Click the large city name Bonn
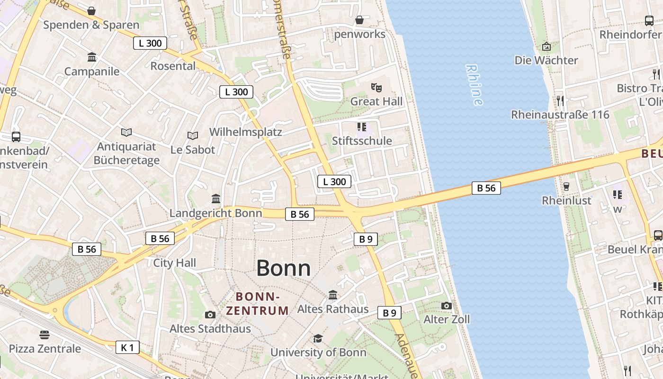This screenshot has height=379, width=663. point(283,269)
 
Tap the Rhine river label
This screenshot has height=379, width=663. point(474,85)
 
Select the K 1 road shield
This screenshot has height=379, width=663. point(127,347)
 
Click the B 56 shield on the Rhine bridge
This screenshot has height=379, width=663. point(486,188)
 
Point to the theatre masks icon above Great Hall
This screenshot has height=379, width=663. point(376,87)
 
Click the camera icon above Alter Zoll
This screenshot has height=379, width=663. point(446,306)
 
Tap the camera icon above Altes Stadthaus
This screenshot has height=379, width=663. point(210,315)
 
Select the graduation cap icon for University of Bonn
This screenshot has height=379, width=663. point(318,338)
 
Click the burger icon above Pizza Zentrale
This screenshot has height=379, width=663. point(45,335)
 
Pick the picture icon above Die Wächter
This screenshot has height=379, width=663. point(546,46)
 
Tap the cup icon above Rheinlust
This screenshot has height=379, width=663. point(566,186)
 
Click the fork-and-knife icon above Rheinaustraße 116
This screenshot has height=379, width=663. point(560,100)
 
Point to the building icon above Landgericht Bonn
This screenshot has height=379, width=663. point(216,199)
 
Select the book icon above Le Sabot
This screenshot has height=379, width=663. point(192,135)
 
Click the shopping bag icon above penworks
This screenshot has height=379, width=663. point(359,20)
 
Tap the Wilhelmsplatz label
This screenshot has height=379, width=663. point(246,132)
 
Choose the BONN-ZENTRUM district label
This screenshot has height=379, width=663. point(257,304)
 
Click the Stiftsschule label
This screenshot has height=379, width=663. point(362,141)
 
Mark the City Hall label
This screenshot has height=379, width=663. point(174,262)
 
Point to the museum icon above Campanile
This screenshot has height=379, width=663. point(92,57)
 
